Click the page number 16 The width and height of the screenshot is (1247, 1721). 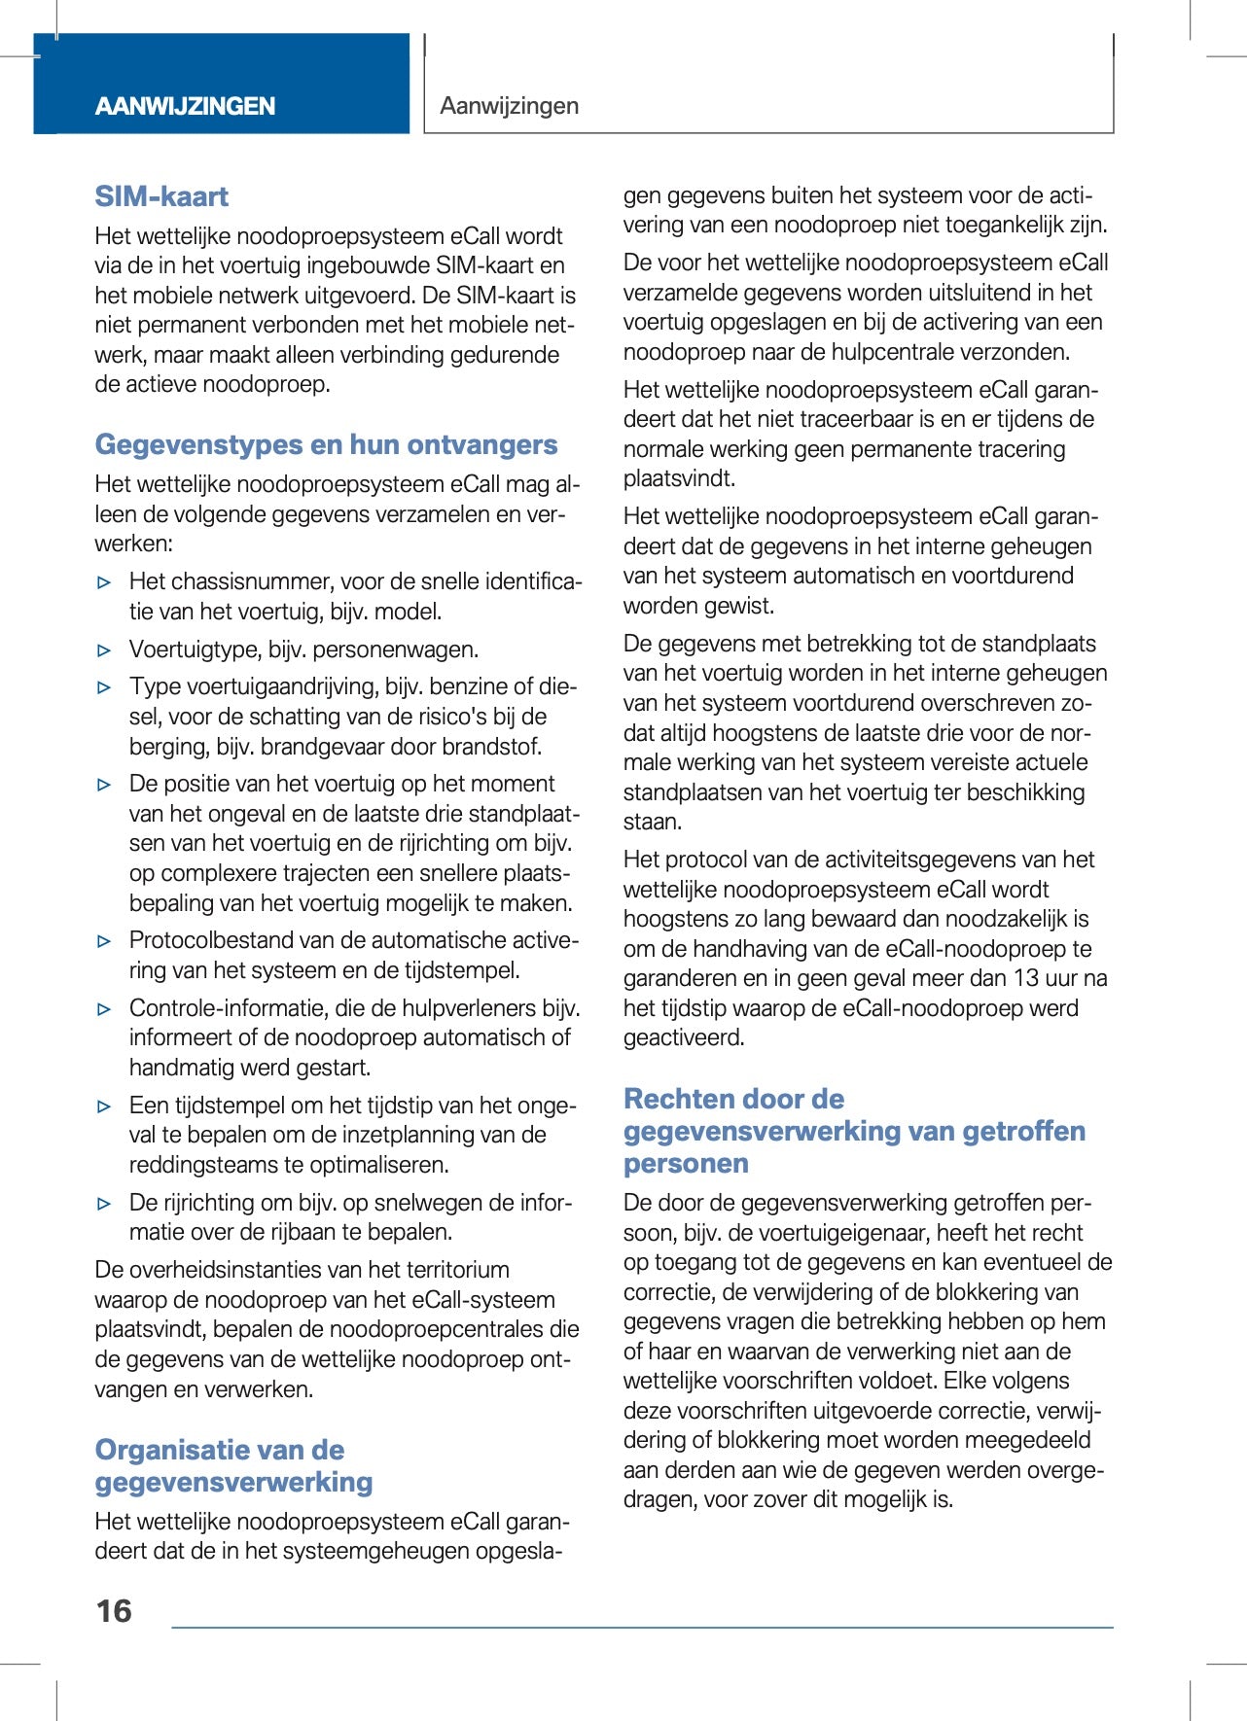(114, 1612)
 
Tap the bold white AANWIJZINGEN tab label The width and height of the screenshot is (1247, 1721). (185, 106)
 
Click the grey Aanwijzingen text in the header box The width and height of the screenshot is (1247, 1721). (509, 106)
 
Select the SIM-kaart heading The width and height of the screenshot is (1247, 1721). (161, 196)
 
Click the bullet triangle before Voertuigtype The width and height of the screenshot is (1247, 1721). (105, 650)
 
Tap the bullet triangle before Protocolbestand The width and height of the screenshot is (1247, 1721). (105, 941)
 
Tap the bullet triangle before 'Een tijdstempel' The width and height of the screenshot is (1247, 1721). (105, 1106)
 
